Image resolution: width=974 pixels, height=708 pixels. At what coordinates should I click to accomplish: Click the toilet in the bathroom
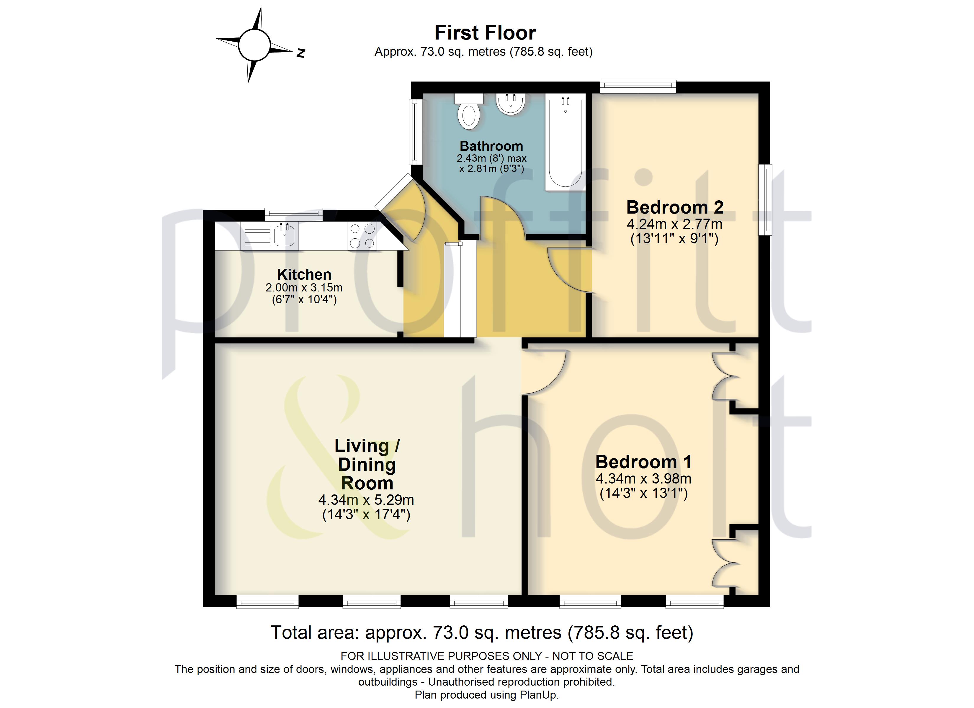point(469,111)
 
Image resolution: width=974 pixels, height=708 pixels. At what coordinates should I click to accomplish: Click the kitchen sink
point(270,236)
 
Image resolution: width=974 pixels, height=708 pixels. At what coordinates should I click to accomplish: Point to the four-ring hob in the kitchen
point(362,236)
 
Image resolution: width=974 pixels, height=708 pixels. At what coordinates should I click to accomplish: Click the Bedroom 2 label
point(675,207)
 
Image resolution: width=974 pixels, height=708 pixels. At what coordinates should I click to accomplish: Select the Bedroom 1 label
point(643,462)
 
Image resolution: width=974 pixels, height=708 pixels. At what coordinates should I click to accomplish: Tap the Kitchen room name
point(304,274)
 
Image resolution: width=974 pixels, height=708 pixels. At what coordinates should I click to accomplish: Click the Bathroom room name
point(491,146)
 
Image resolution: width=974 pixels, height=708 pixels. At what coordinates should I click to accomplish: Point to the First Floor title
point(485,33)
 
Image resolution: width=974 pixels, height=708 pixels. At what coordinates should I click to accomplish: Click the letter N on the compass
point(301,53)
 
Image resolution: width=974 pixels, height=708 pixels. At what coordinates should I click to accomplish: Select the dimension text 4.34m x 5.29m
point(366,500)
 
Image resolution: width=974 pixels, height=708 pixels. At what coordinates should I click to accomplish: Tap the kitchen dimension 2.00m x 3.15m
point(304,288)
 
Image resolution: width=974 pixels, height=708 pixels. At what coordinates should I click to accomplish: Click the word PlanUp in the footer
point(539,695)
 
